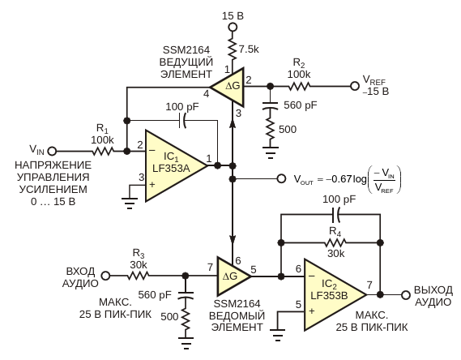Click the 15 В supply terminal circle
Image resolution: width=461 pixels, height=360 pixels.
pyautogui.click(x=233, y=28)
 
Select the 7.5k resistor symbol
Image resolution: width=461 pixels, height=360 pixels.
pyautogui.click(x=233, y=49)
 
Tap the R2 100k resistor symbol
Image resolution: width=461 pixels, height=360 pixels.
pyautogui.click(x=299, y=87)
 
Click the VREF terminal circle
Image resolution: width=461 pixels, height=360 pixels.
pyautogui.click(x=355, y=86)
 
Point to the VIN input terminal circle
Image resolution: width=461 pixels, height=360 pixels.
pyautogui.click(x=52, y=151)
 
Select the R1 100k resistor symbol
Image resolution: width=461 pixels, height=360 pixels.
pyautogui.click(x=103, y=151)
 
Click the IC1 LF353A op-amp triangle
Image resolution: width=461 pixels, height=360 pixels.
pyautogui.click(x=177, y=166)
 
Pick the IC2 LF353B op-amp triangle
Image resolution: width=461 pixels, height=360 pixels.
pyautogui.click(x=335, y=294)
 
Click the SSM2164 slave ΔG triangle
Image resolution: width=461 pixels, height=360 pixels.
pyautogui.click(x=233, y=276)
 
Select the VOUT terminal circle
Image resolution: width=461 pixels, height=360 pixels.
pyautogui.click(x=281, y=178)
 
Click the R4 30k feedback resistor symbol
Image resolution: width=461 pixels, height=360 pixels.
pyautogui.click(x=335, y=242)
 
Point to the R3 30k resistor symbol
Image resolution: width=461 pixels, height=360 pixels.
pyautogui.click(x=139, y=276)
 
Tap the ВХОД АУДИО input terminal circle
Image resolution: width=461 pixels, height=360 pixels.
pyautogui.click(x=105, y=276)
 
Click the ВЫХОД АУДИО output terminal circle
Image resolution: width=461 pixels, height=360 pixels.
pyautogui.click(x=406, y=294)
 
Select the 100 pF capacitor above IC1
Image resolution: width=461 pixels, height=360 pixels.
pyautogui.click(x=182, y=120)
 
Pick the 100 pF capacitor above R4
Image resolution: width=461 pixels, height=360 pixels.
pyautogui.click(x=335, y=215)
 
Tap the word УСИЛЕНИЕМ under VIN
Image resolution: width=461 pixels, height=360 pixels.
pyautogui.click(x=53, y=189)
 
